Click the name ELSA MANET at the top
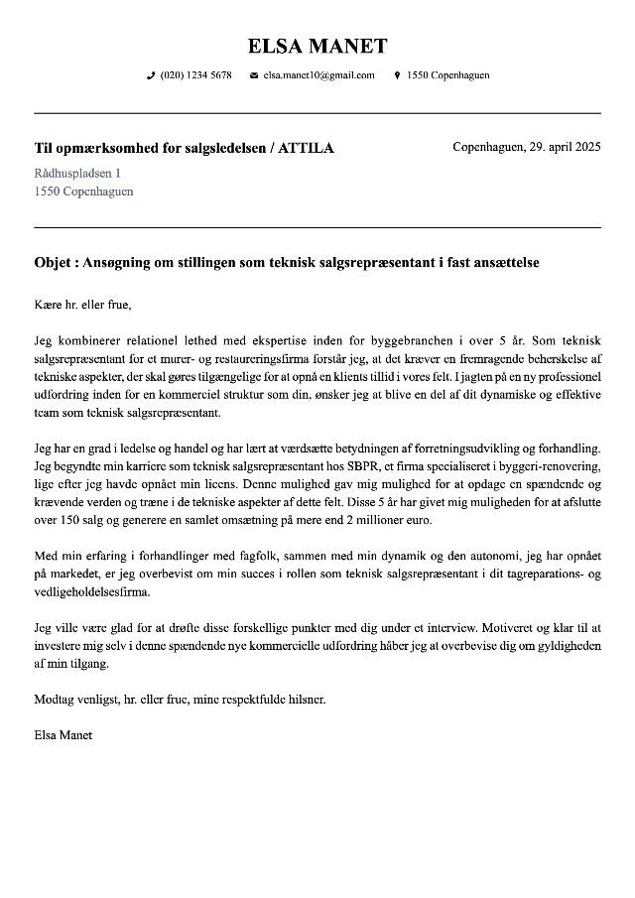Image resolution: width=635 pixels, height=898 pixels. (x=317, y=46)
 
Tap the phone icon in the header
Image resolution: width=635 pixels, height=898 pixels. (x=151, y=75)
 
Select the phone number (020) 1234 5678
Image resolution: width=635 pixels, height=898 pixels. (x=195, y=75)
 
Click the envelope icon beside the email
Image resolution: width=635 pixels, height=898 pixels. (x=254, y=75)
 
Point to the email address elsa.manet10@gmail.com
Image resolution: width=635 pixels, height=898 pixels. (x=318, y=75)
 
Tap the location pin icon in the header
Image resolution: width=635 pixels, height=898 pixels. (x=397, y=75)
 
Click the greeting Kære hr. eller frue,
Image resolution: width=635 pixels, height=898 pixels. (x=82, y=304)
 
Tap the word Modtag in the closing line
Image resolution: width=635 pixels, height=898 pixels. (x=56, y=699)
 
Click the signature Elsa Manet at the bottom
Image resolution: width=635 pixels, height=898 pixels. (x=63, y=735)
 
